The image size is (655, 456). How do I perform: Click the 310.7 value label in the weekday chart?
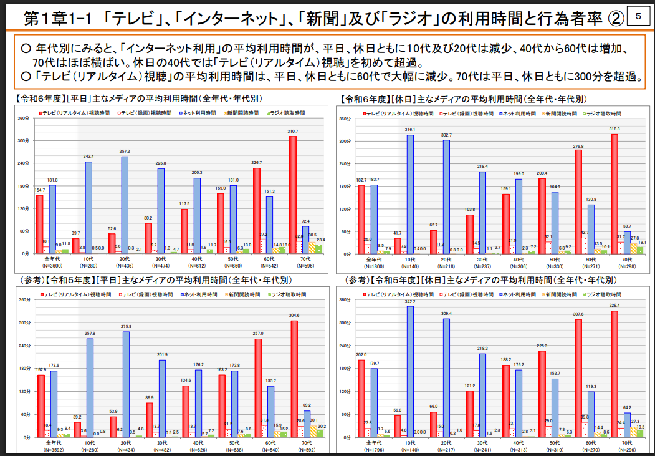[292, 132]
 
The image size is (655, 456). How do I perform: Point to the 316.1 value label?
[409, 130]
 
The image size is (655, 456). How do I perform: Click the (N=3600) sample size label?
[52, 266]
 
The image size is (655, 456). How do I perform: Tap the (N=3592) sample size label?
[52, 449]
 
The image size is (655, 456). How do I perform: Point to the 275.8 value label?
[125, 327]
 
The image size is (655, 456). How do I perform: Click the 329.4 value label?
[615, 306]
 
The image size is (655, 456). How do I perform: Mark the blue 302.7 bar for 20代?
[446, 196]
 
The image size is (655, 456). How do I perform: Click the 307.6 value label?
[578, 314]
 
